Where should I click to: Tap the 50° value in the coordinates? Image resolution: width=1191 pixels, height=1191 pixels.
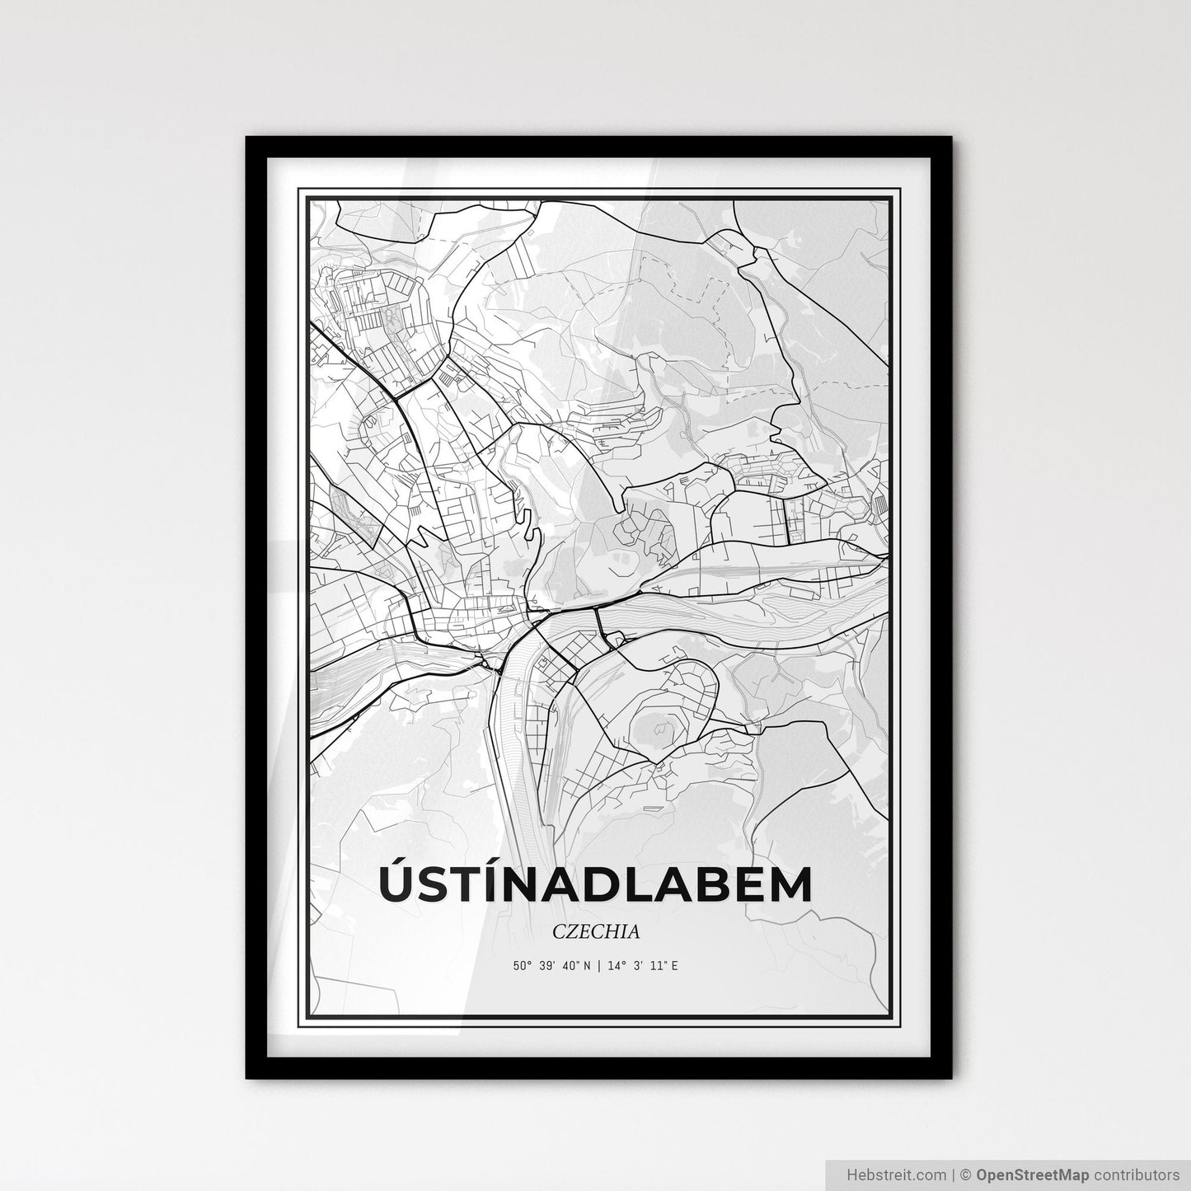point(522,965)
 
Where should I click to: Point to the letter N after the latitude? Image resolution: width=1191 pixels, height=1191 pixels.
point(587,965)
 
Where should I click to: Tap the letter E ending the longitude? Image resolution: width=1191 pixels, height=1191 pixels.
point(674,965)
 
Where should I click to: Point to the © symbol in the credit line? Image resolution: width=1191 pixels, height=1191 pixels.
point(971,1174)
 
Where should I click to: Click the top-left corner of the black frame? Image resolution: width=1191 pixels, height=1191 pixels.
point(248,138)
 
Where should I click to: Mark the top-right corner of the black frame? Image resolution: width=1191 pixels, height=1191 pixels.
point(950,138)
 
